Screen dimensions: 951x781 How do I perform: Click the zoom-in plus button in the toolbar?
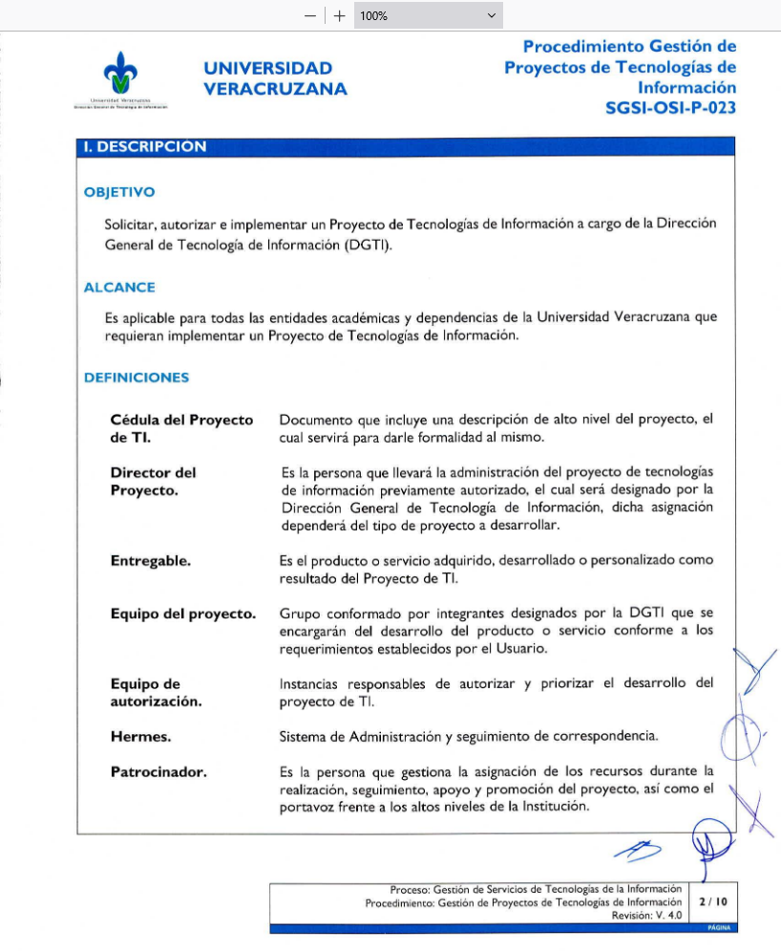(339, 15)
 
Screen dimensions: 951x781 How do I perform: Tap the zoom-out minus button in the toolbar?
(309, 15)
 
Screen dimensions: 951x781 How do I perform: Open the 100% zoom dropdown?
(428, 15)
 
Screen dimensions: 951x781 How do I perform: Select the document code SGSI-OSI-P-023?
(670, 108)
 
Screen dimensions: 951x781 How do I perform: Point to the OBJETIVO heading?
(119, 192)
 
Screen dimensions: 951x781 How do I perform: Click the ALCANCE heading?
(119, 287)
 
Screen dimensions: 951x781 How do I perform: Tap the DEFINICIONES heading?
(137, 378)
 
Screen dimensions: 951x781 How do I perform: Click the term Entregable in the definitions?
(151, 561)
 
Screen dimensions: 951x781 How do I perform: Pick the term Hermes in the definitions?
(139, 736)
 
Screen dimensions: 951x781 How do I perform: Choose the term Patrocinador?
(158, 771)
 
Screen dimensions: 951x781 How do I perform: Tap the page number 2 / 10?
(712, 900)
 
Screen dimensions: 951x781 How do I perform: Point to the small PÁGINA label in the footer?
(719, 928)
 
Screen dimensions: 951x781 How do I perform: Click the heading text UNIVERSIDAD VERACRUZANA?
(275, 78)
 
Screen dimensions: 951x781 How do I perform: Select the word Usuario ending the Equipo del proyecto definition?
(524, 649)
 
